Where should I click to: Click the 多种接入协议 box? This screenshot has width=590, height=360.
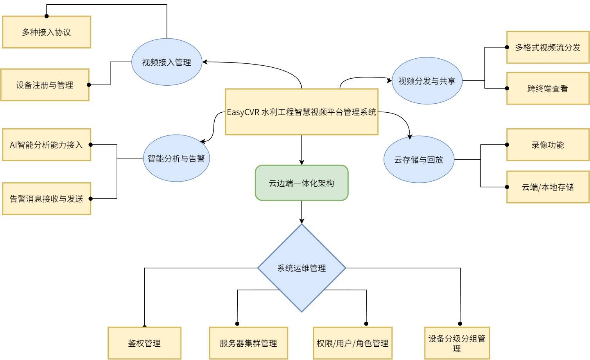(47, 32)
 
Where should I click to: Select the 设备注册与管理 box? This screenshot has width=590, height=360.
(45, 85)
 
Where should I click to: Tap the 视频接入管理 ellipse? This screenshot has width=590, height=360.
(167, 62)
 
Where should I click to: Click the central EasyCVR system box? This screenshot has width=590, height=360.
(301, 112)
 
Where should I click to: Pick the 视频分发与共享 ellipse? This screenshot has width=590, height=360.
(427, 81)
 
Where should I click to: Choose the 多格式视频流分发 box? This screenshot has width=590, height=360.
(547, 47)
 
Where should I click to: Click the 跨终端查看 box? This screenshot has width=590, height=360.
(547, 88)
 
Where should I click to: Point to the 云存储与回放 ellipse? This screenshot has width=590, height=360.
(419, 159)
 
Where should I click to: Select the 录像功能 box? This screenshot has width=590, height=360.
(547, 145)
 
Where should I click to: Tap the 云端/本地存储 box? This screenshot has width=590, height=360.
(547, 187)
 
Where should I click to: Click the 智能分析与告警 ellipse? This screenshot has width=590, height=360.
(176, 158)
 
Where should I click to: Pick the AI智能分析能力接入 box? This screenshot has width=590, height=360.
(47, 145)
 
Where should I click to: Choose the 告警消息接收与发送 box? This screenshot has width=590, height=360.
(47, 199)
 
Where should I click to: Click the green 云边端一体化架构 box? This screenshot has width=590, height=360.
(301, 183)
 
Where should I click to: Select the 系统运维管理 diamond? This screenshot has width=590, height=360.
(301, 268)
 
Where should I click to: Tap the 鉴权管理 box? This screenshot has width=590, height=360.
(144, 343)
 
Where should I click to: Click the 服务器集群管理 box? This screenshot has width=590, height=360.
(248, 343)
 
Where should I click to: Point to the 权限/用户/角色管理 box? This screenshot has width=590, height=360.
(352, 343)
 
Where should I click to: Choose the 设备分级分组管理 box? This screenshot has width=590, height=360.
(457, 343)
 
